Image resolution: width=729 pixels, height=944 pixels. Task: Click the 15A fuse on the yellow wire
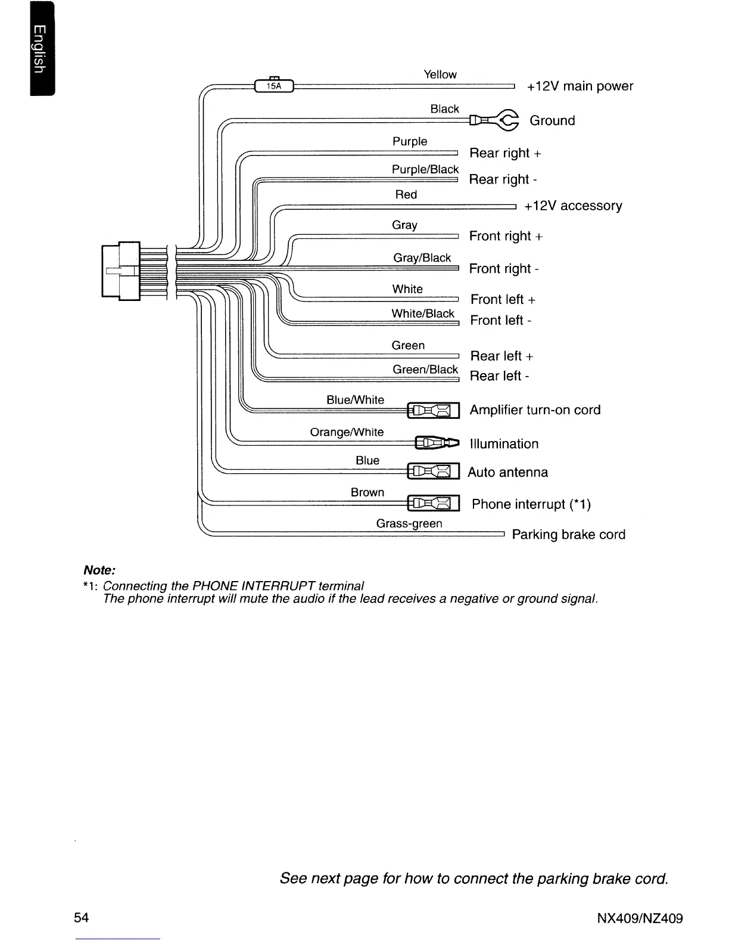pyautogui.click(x=273, y=86)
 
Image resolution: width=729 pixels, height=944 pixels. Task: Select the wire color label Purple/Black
pyautogui.click(x=425, y=169)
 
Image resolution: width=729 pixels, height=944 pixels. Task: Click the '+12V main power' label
pyautogui.click(x=580, y=86)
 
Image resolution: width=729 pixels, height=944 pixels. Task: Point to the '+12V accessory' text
pyautogui.click(x=573, y=206)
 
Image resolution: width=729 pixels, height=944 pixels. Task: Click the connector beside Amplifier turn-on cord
pyautogui.click(x=433, y=411)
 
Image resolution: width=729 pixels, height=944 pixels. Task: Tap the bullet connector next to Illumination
pyautogui.click(x=437, y=442)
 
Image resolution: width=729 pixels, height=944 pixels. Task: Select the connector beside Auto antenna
pyautogui.click(x=433, y=471)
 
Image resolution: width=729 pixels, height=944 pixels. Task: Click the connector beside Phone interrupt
pyautogui.click(x=433, y=504)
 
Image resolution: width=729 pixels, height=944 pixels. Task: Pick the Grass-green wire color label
pyautogui.click(x=409, y=523)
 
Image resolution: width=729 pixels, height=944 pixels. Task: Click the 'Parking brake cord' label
pyautogui.click(x=569, y=535)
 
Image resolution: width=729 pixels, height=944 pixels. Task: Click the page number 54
pyautogui.click(x=82, y=917)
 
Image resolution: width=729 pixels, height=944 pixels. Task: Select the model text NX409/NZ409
pyautogui.click(x=640, y=918)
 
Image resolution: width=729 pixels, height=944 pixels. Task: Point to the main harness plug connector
pyautogui.click(x=121, y=271)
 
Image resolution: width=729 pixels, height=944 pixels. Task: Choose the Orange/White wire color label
pyautogui.click(x=347, y=432)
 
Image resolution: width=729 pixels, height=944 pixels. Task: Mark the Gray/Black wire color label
pyautogui.click(x=422, y=257)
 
